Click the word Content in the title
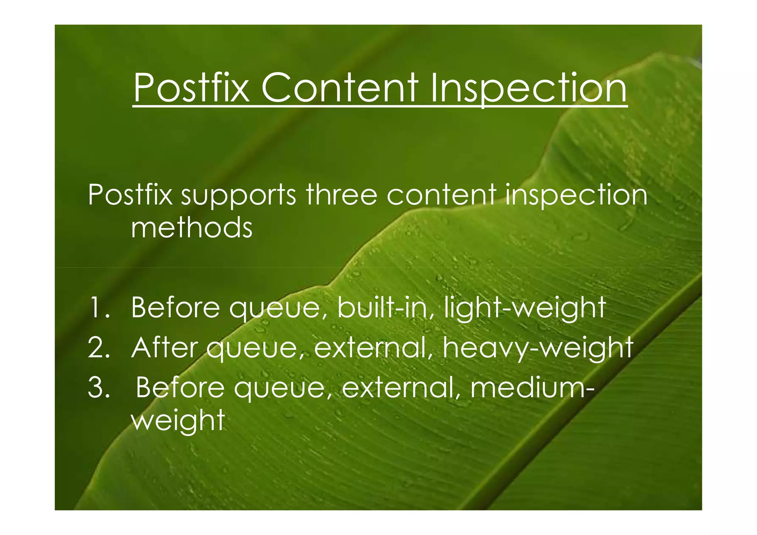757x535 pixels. pos(340,88)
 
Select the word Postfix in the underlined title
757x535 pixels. pos(191,88)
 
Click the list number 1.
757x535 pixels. pos(98,308)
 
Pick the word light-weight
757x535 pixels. pos(525,308)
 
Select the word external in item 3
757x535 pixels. pos(401,388)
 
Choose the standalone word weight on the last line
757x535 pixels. pos(178,421)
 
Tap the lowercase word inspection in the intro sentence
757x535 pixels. pos(576,196)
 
